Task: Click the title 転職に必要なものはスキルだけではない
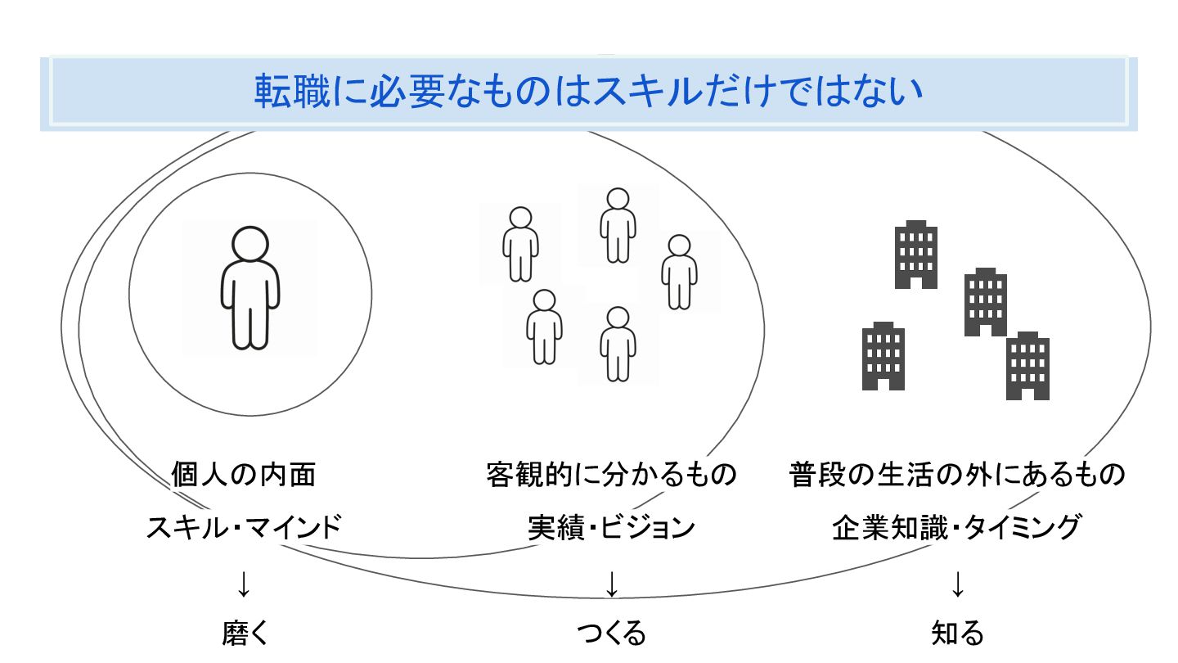(x=588, y=92)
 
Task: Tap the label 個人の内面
(x=244, y=474)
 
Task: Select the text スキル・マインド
(x=244, y=526)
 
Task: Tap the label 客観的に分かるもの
(x=611, y=474)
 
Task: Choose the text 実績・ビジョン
(x=611, y=526)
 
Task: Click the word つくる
(x=611, y=633)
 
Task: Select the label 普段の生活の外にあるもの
(x=957, y=474)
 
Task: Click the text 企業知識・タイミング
(x=957, y=526)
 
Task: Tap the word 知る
(x=957, y=633)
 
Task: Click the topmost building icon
(x=916, y=255)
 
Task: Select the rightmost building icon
(x=1027, y=366)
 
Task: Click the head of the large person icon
(x=249, y=243)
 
